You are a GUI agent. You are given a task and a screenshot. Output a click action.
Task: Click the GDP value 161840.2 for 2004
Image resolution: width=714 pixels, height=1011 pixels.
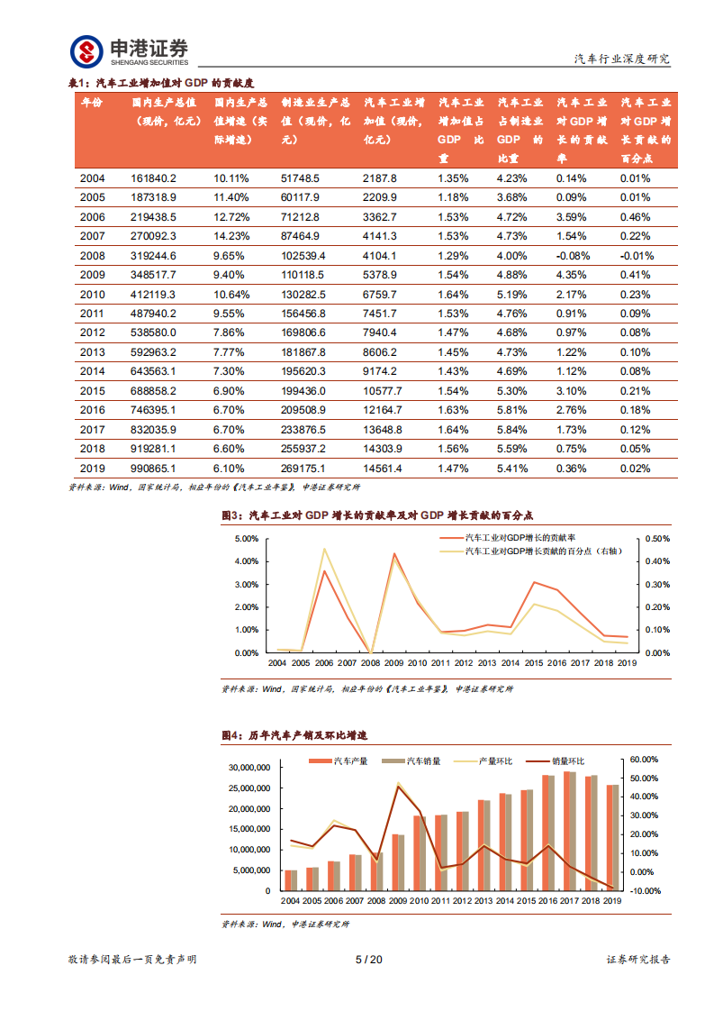tap(154, 178)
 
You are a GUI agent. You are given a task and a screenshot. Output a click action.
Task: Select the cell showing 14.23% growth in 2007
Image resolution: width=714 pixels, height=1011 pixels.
tap(230, 236)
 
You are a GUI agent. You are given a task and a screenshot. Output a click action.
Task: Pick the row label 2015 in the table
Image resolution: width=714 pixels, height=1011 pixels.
tap(92, 391)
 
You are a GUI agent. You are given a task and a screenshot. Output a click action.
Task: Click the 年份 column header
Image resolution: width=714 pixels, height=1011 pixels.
tap(92, 104)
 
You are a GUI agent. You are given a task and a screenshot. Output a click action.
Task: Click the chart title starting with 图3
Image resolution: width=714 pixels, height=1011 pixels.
tap(377, 515)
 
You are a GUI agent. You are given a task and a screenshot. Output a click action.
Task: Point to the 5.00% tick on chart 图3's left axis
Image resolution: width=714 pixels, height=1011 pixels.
tap(247, 539)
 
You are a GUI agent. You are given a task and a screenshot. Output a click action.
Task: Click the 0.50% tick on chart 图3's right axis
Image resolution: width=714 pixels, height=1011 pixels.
tap(658, 539)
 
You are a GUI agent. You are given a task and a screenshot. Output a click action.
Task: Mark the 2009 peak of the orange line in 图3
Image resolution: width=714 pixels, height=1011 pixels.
tap(393, 553)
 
